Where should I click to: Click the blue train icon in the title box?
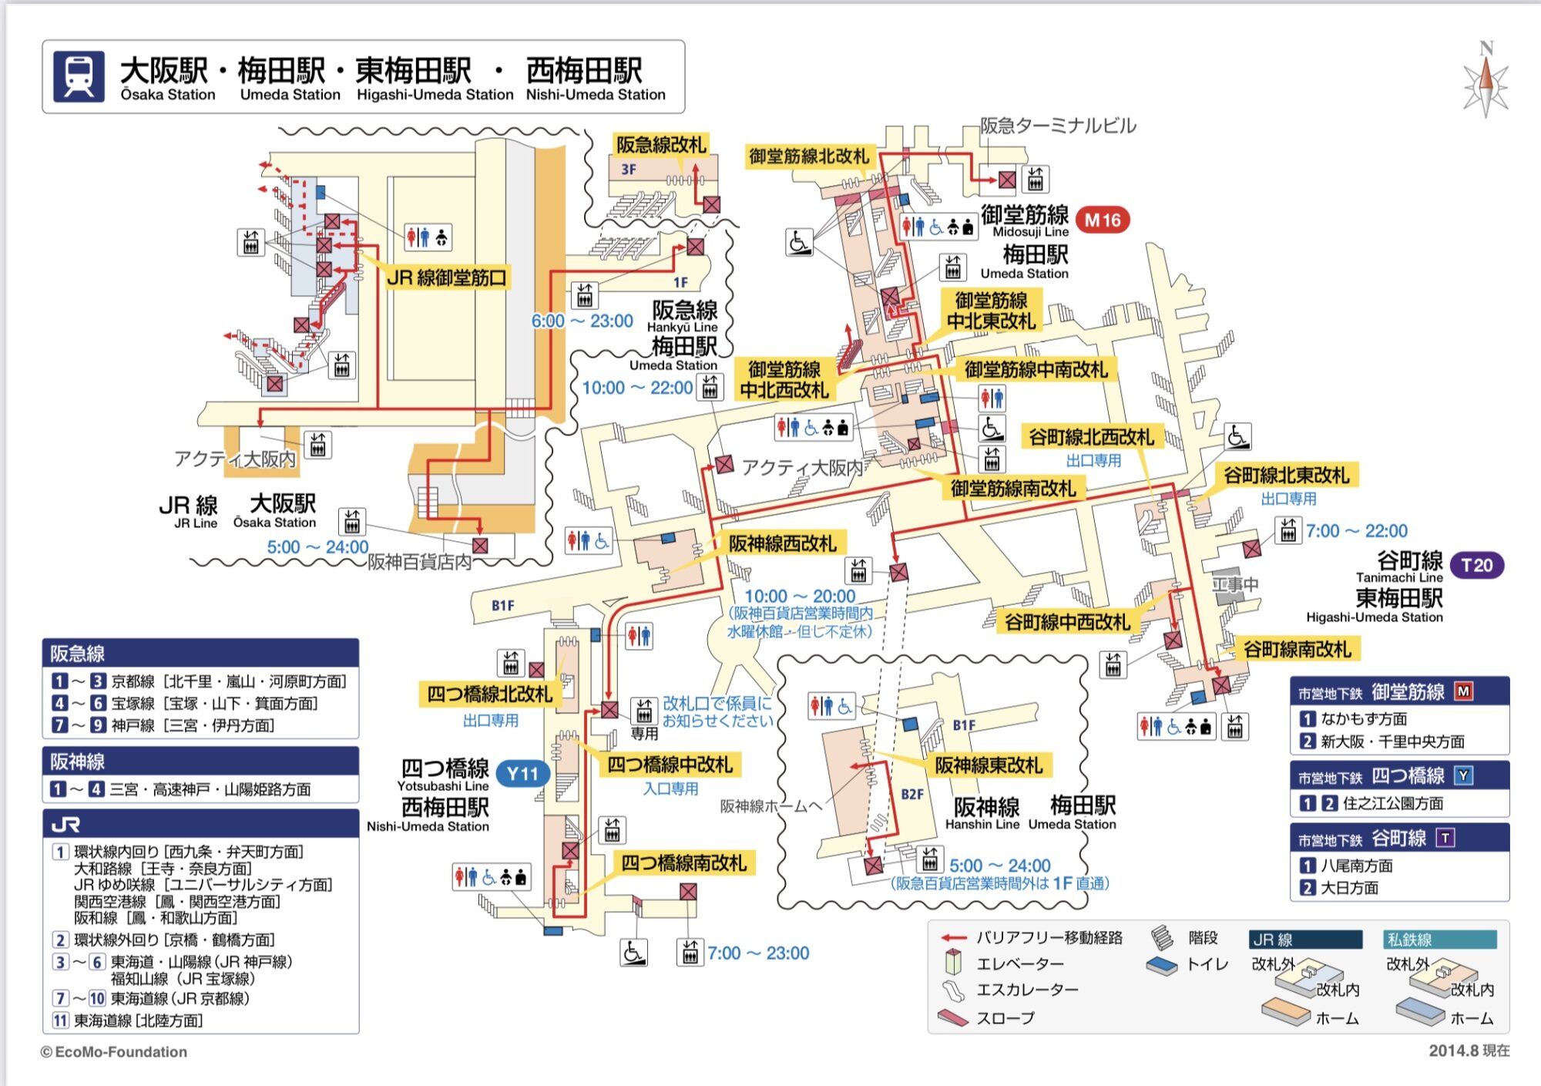pos(79,76)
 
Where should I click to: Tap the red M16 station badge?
pos(1102,220)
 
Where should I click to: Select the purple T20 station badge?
pos(1476,565)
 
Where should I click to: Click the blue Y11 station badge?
pos(522,773)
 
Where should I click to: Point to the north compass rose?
pos(1486,80)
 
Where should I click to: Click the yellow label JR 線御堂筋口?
pos(446,277)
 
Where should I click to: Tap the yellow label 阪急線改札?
pos(660,144)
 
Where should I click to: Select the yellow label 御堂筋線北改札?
pos(809,156)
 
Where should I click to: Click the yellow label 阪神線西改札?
pos(782,543)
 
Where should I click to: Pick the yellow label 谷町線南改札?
pos(1297,649)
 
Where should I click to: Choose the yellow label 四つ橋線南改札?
pos(683,862)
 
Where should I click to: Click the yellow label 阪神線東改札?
pos(988,765)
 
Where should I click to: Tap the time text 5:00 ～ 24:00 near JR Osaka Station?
pos(317,546)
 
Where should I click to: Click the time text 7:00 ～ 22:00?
pos(1356,530)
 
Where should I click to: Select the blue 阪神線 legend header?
pos(200,762)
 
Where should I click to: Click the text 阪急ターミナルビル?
pos(1058,125)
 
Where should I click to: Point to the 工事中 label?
pos(1235,584)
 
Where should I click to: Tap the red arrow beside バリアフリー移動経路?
pos(954,938)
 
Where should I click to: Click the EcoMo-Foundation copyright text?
pos(114,1051)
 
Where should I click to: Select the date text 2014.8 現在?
pos(1469,1051)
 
